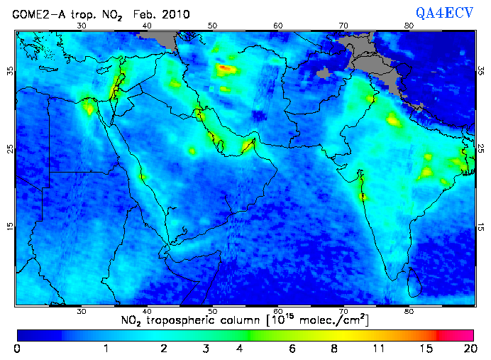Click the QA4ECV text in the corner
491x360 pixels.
(450, 13)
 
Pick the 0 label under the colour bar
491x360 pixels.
(17, 348)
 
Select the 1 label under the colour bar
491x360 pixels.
(105, 348)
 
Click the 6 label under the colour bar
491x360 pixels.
(292, 348)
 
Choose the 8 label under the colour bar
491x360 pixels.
(335, 348)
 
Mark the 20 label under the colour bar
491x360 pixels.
(468, 348)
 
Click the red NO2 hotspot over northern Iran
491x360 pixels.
(224, 69)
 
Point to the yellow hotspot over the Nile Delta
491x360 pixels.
(89, 107)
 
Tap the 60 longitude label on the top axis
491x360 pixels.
(278, 25)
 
